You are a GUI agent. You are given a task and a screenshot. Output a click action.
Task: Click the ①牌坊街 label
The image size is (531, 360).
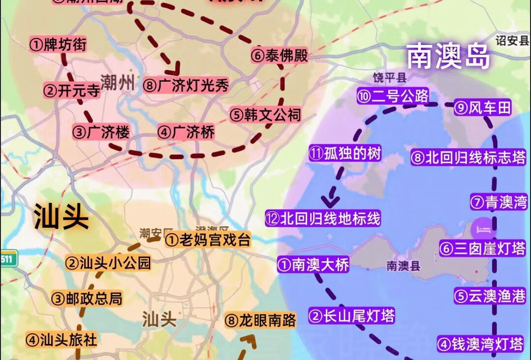click(x=58, y=44)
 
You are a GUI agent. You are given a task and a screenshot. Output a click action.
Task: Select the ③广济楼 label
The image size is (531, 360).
click(x=101, y=132)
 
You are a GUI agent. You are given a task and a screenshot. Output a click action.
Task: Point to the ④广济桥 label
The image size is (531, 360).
click(x=186, y=133)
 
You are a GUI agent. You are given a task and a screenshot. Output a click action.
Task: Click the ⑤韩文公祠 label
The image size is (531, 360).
click(x=265, y=114)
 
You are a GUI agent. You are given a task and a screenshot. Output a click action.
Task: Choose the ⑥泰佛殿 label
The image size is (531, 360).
click(x=279, y=56)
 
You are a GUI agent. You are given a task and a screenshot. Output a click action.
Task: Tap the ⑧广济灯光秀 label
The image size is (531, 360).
click(x=186, y=85)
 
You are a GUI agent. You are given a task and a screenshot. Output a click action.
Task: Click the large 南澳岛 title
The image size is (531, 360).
click(x=448, y=57)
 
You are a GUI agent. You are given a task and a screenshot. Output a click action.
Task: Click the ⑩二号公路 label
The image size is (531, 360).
click(x=393, y=96)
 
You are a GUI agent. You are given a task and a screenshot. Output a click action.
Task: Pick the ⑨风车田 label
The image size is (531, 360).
click(x=482, y=108)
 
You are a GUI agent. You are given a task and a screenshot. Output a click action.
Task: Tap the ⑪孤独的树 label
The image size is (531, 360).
click(x=345, y=153)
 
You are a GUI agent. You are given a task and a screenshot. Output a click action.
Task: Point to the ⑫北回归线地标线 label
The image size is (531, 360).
click(x=323, y=219)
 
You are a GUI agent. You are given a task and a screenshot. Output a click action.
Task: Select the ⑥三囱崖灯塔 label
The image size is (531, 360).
click(x=482, y=248)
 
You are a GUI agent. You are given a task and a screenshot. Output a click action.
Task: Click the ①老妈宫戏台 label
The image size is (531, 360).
click(x=207, y=240)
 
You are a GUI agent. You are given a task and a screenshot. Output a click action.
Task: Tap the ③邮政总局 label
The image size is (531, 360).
click(x=87, y=298)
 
